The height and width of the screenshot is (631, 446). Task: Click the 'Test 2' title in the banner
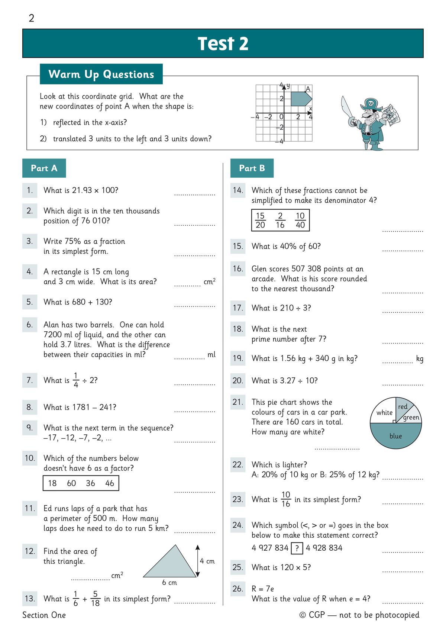click(223, 44)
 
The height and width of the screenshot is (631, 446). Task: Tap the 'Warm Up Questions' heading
click(101, 74)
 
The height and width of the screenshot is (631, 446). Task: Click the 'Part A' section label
click(44, 168)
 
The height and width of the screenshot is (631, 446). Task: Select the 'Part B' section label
click(252, 168)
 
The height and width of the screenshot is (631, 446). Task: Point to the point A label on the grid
click(308, 89)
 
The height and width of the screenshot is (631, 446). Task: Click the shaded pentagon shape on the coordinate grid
click(300, 99)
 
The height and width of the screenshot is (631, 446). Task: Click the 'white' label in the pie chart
click(384, 412)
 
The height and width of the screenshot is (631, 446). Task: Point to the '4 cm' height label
click(207, 561)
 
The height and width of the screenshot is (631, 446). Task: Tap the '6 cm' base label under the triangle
click(169, 582)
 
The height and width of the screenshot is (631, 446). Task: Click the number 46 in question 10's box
click(110, 483)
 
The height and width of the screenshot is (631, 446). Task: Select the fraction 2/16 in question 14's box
click(280, 220)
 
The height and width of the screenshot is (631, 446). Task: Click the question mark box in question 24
click(297, 548)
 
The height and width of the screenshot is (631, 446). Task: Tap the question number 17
click(238, 308)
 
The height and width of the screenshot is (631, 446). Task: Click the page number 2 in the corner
click(32, 18)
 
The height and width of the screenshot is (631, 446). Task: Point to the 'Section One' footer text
click(44, 615)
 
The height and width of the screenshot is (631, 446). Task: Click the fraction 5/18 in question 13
click(96, 598)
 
